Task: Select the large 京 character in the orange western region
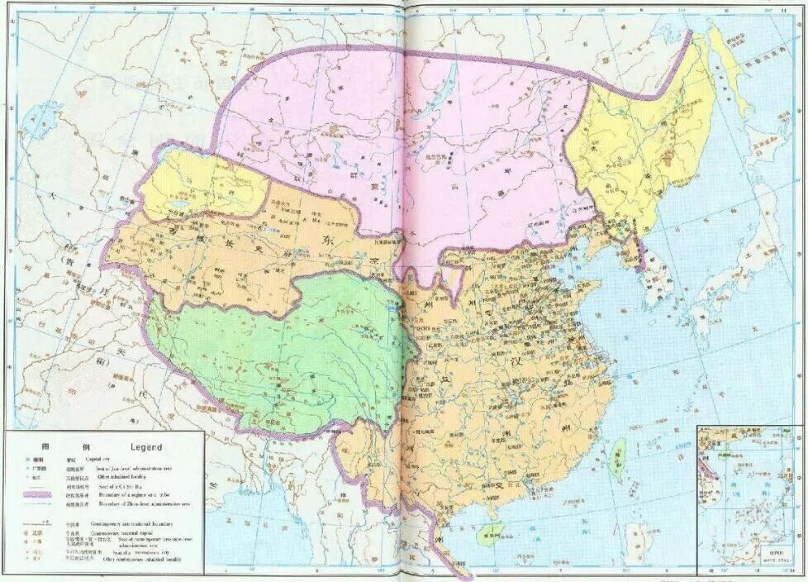tap(373, 255)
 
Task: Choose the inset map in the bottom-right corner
tap(749, 496)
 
